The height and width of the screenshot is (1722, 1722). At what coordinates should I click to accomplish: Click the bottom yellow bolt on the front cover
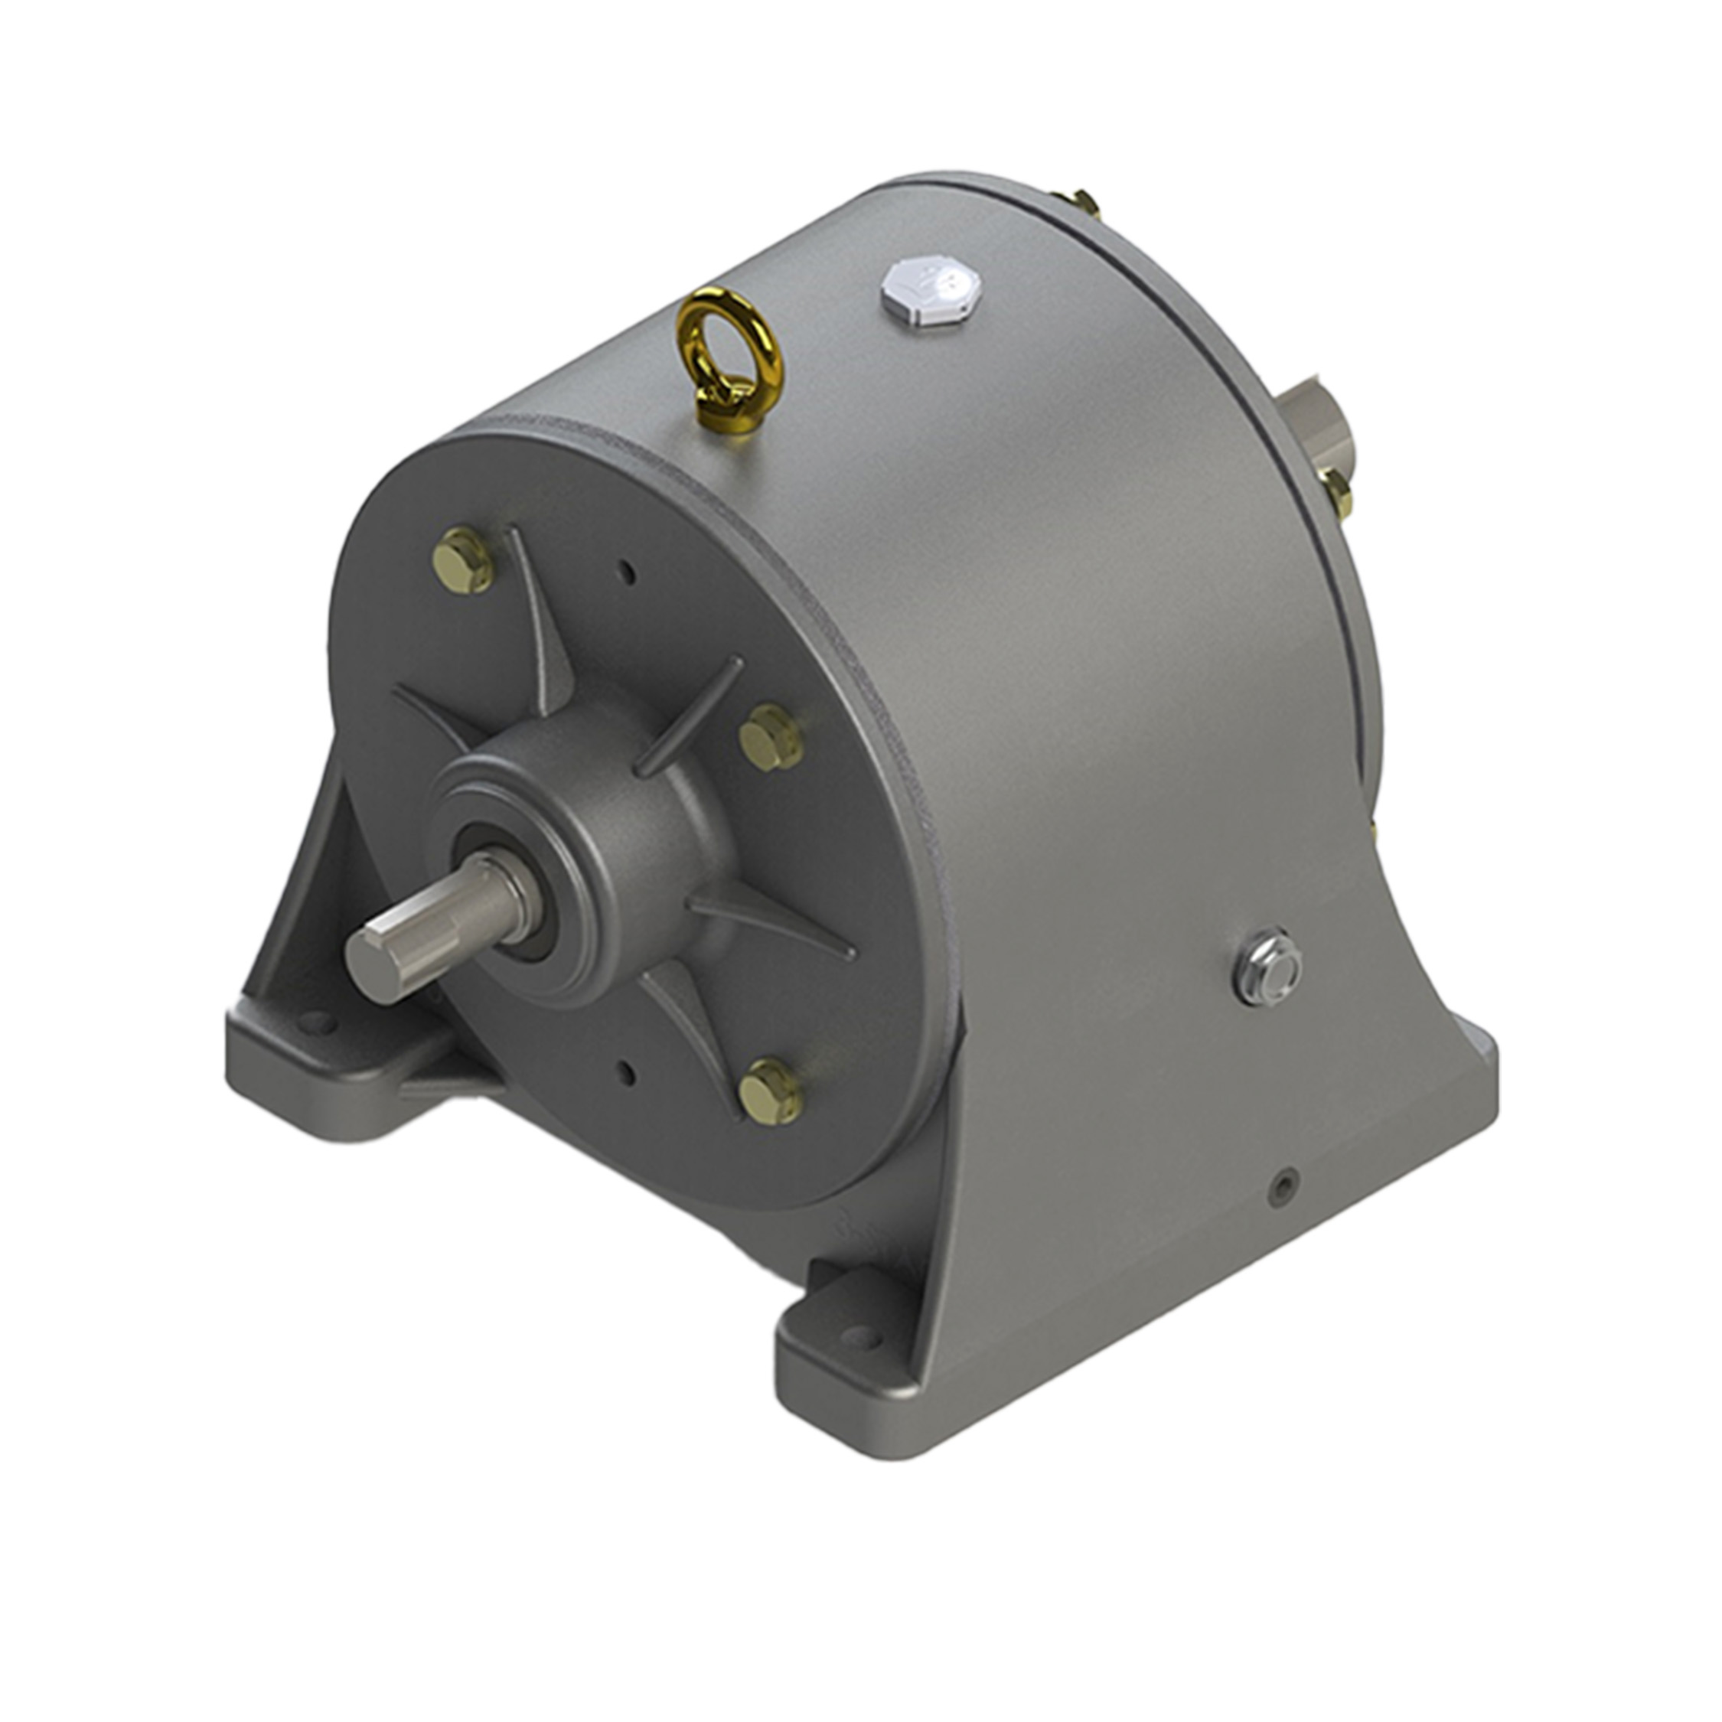[x=771, y=1091]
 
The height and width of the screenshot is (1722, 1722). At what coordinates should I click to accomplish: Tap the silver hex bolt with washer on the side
[x=1267, y=969]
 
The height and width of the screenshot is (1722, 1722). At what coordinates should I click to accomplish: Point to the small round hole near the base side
[x=1284, y=1184]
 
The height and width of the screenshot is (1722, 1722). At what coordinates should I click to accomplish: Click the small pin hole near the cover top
[x=628, y=573]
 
